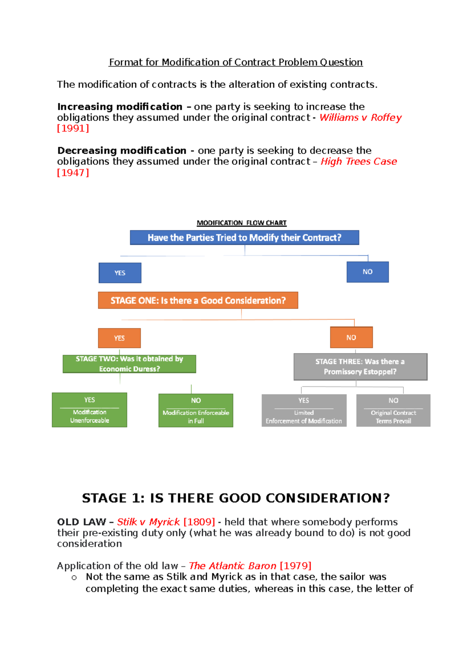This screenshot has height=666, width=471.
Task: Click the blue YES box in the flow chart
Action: [x=120, y=273]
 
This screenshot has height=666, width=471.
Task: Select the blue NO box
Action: [x=367, y=272]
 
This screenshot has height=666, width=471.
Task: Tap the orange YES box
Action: [x=119, y=338]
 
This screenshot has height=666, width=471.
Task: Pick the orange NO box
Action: [x=351, y=337]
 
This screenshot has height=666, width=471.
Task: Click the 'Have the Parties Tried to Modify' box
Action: [x=244, y=238]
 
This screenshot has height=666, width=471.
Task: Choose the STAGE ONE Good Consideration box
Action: [x=198, y=300]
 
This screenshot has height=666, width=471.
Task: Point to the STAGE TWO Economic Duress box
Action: [x=129, y=364]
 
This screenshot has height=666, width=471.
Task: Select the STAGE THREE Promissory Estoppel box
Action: [x=360, y=367]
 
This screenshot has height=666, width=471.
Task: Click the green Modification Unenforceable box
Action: [x=89, y=410]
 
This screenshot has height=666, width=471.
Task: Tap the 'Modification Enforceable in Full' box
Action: [x=195, y=410]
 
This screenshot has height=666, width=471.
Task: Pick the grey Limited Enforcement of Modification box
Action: [x=304, y=410]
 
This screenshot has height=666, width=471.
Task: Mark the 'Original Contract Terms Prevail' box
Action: [x=393, y=410]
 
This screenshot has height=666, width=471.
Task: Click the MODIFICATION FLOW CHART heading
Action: [x=241, y=223]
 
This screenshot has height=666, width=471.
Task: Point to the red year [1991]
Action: [x=73, y=128]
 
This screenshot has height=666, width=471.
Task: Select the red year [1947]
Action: [x=73, y=173]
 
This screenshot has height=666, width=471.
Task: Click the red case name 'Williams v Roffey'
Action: [x=360, y=118]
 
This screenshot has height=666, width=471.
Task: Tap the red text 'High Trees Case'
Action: [x=359, y=162]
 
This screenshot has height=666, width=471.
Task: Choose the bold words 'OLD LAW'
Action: [x=81, y=522]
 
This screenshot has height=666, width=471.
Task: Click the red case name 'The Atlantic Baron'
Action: [x=232, y=566]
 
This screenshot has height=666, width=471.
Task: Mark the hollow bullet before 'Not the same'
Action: [x=74, y=578]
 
